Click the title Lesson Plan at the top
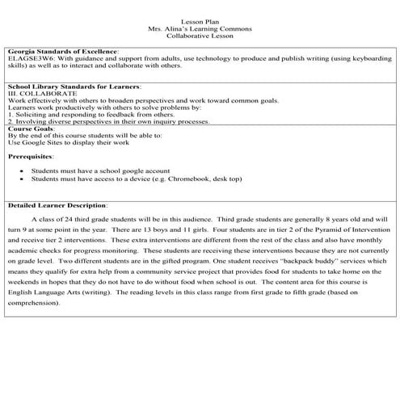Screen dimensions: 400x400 200,21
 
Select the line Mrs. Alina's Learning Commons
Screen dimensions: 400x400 200,29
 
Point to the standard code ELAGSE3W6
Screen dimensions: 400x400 27,58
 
